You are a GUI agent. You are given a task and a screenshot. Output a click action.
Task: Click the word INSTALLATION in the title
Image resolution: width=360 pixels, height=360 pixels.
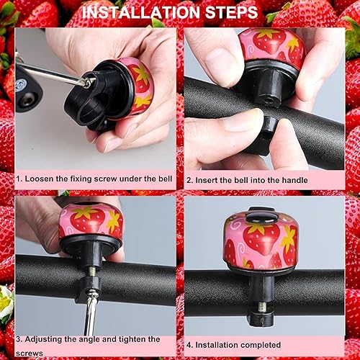pos(142,13)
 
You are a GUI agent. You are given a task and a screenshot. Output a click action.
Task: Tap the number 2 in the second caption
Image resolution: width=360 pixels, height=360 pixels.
pos(189,179)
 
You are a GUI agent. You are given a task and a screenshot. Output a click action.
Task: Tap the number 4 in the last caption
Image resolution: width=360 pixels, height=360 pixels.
pos(189,343)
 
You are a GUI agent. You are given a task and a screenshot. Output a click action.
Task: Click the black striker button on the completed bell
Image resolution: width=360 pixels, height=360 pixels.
pos(260,214)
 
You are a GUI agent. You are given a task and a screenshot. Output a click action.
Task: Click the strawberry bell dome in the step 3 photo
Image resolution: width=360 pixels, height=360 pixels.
pos(91,220)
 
